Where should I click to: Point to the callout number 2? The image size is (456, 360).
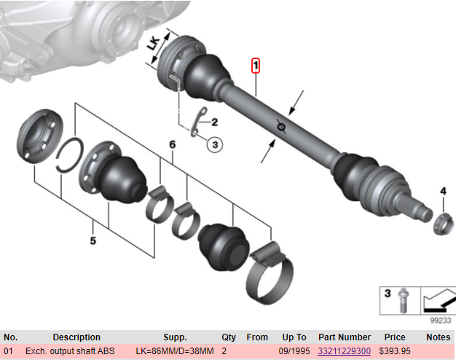click(215, 122)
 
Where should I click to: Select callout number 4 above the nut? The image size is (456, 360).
click(442, 191)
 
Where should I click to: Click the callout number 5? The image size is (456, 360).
click(93, 240)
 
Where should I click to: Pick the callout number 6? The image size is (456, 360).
click(172, 146)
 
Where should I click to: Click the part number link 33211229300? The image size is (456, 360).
click(344, 351)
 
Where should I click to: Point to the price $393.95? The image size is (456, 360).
click(394, 351)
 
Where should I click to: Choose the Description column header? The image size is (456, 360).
click(76, 337)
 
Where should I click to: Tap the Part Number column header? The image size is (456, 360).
click(344, 337)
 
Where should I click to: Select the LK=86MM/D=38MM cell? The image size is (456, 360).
click(175, 351)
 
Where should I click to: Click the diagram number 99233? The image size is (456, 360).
click(440, 319)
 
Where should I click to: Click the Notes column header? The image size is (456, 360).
click(439, 337)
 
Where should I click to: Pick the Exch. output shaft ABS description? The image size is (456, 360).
click(70, 351)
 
